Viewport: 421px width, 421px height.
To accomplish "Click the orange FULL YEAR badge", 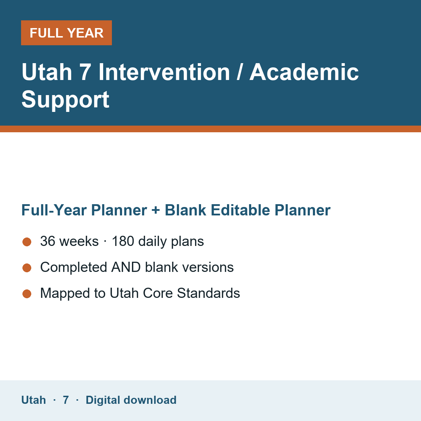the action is coord(66,33).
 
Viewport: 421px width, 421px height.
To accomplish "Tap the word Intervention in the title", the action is coord(164,72).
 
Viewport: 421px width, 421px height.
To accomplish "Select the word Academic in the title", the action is coord(304,72).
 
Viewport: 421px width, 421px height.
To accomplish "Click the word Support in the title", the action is coord(65,100).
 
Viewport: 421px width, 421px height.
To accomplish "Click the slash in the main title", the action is coord(240,72).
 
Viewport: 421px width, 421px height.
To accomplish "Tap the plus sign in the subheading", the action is coord(156,210).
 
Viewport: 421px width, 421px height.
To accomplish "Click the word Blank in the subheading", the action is coord(185,210).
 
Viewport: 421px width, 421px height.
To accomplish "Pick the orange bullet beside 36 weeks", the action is coord(27,242).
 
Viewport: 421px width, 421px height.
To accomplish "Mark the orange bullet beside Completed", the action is coord(27,268).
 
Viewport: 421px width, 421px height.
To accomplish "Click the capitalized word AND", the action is coord(126,267).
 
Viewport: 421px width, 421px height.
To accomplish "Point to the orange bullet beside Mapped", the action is coord(27,294).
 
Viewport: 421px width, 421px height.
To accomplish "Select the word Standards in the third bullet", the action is coord(208,293).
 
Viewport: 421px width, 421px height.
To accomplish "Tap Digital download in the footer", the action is coord(131,400).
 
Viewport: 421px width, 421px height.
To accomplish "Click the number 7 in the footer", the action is coord(66,400).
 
